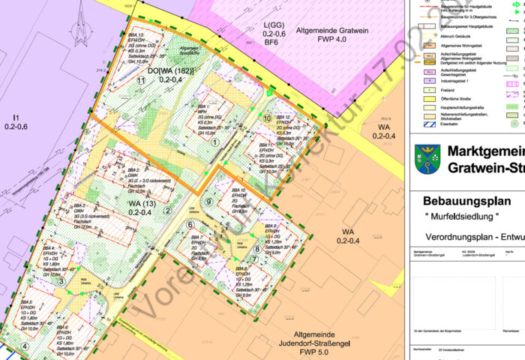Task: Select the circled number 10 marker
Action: pyautogui.click(x=267, y=118)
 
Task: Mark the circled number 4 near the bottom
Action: pyautogui.click(x=25, y=346)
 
